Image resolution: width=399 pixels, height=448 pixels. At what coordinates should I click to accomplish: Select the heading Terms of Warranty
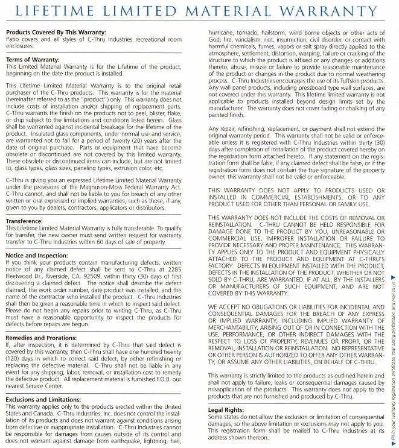pos(33,60)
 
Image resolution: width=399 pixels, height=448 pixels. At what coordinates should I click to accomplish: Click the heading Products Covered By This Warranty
pos(56,32)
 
